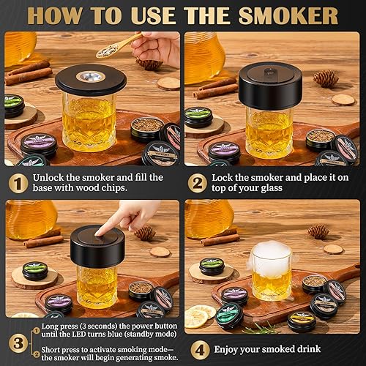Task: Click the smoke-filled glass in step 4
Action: click(272, 272)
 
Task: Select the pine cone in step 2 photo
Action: click(326, 78)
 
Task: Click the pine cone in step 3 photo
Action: click(145, 233)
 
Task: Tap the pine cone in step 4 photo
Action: click(318, 231)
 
